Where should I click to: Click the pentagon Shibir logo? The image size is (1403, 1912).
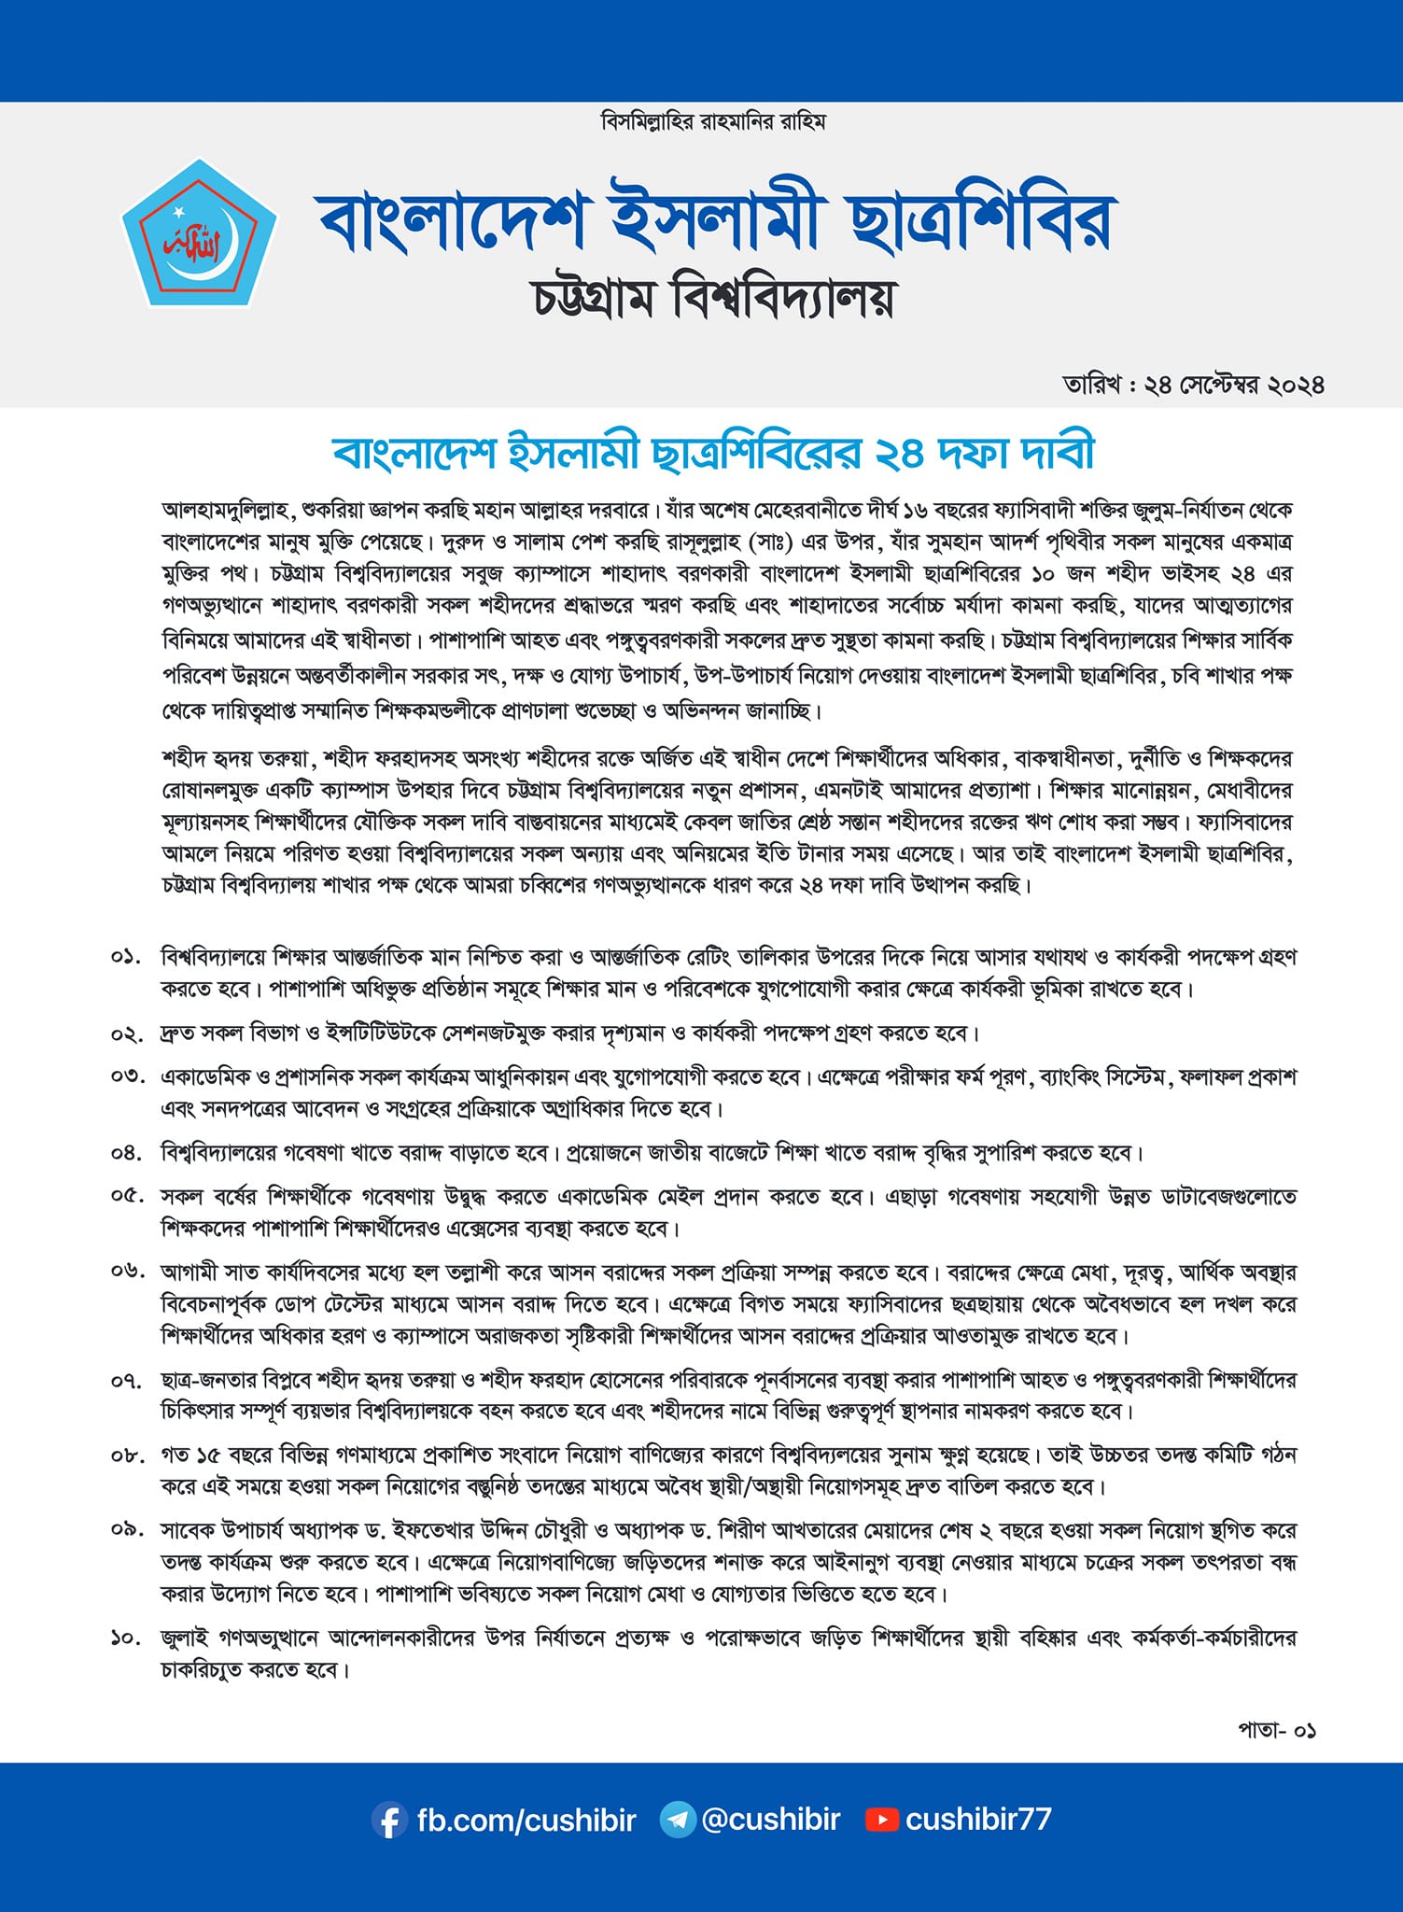pyautogui.click(x=200, y=234)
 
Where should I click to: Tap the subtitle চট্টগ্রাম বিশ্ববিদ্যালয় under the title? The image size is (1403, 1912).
pyautogui.click(x=714, y=297)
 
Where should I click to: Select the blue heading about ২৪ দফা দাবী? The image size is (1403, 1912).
pyautogui.click(x=713, y=453)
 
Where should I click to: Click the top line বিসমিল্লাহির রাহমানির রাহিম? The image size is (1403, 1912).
pyautogui.click(x=714, y=122)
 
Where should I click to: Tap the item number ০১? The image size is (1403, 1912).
pyautogui.click(x=126, y=958)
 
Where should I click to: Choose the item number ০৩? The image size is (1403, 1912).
pyautogui.click(x=126, y=1076)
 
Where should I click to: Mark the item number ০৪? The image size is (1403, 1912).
pyautogui.click(x=126, y=1153)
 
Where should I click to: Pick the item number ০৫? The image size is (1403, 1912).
pyautogui.click(x=126, y=1196)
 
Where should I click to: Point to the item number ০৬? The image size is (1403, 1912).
pyautogui.click(x=126, y=1272)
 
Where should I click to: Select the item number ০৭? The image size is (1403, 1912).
pyautogui.click(x=126, y=1380)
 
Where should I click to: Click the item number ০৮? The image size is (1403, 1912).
pyautogui.click(x=126, y=1455)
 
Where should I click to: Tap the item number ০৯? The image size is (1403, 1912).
pyautogui.click(x=126, y=1531)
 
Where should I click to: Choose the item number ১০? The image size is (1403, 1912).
pyautogui.click(x=126, y=1638)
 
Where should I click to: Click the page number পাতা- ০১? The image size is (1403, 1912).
pyautogui.click(x=1277, y=1730)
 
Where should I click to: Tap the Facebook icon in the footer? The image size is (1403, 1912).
pyautogui.click(x=389, y=1820)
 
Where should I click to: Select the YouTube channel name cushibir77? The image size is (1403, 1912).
pyautogui.click(x=978, y=1819)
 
